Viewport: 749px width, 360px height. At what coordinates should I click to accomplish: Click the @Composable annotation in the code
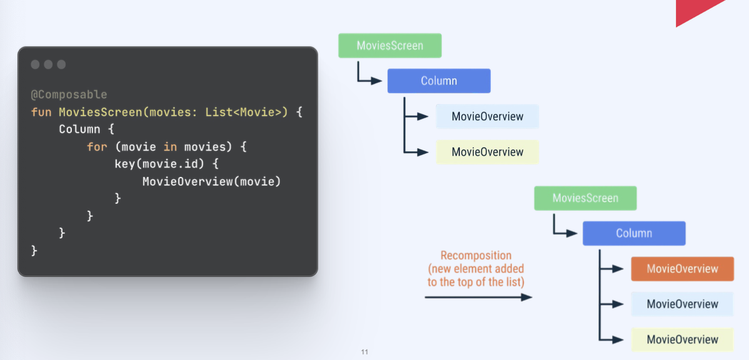point(69,94)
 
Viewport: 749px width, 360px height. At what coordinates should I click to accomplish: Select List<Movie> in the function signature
point(247,112)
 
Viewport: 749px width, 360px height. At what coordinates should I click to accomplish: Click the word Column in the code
point(79,129)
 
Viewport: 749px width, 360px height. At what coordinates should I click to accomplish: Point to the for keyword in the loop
point(97,147)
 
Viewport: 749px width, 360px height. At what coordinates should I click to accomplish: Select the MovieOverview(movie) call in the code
point(211,182)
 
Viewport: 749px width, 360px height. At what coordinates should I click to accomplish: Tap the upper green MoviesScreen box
point(390,46)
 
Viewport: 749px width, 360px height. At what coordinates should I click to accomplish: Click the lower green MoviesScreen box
point(585,198)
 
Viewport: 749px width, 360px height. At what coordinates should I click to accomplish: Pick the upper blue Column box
point(439,81)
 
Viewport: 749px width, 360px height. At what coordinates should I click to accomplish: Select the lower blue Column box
point(634,233)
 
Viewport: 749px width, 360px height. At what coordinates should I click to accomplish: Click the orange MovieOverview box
point(682,269)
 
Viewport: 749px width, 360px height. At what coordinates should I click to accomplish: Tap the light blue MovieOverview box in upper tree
point(487,116)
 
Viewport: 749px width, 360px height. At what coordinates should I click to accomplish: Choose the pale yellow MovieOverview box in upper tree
point(487,152)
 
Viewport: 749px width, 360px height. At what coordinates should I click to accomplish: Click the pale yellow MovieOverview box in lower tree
point(682,339)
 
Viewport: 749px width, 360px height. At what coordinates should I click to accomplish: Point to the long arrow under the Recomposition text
point(478,297)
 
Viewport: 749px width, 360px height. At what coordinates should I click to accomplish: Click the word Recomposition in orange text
point(476,256)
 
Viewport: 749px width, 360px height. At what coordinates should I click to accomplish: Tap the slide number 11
point(364,352)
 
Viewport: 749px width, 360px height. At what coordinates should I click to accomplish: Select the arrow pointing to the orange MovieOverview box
point(613,269)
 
